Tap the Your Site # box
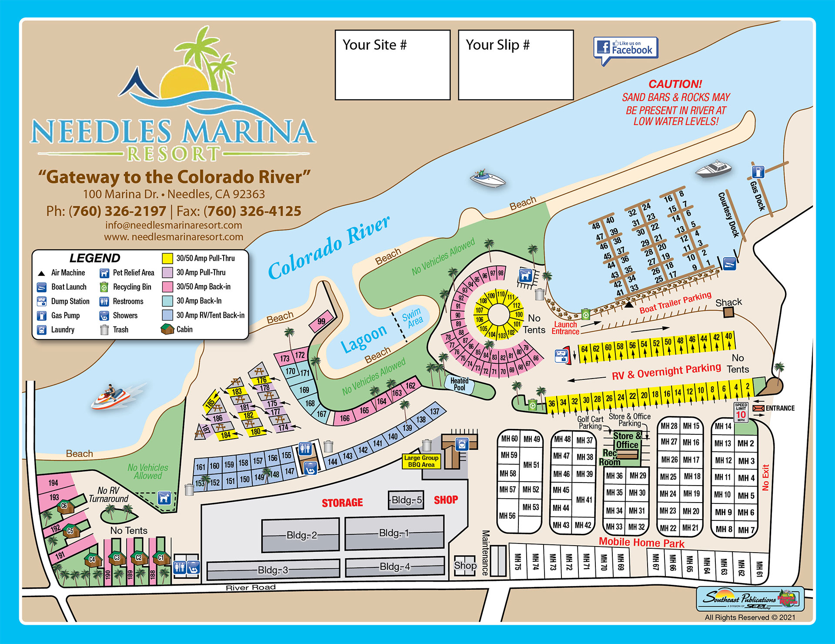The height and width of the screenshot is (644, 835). click(392, 65)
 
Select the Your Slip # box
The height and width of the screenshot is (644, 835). click(516, 65)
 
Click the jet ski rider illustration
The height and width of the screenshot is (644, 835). click(110, 396)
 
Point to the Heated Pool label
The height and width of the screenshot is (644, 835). click(459, 384)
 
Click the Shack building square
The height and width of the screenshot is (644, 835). click(729, 312)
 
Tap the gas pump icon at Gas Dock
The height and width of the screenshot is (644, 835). click(758, 171)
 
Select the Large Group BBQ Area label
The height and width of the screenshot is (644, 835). click(421, 461)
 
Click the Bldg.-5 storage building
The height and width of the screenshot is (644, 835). click(406, 500)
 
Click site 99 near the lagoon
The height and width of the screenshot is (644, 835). click(321, 322)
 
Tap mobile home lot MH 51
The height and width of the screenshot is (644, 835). click(531, 465)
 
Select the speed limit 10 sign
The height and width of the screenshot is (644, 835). click(741, 413)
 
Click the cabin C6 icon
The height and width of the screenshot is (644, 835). click(65, 506)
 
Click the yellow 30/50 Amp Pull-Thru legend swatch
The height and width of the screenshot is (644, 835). click(167, 258)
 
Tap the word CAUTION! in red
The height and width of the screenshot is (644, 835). click(675, 84)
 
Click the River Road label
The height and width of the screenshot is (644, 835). click(250, 587)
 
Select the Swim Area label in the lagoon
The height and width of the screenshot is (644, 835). click(412, 317)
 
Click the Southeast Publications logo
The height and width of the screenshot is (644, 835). click(750, 599)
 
